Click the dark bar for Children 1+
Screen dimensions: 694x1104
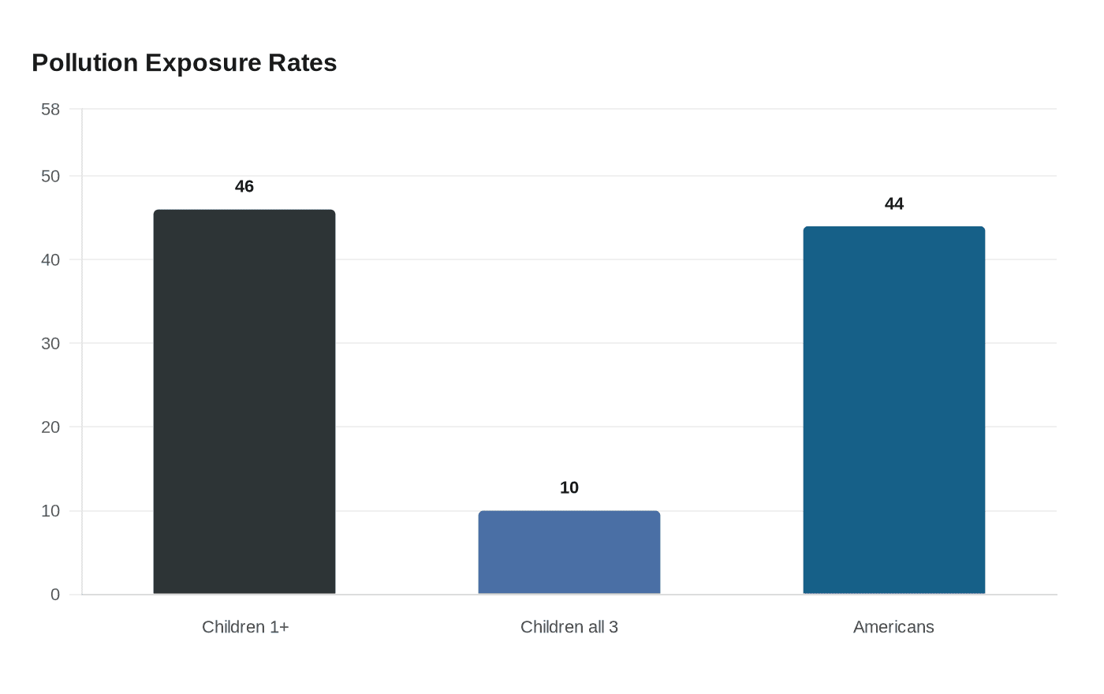pyautogui.click(x=244, y=402)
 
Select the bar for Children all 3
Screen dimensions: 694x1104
pyautogui.click(x=569, y=553)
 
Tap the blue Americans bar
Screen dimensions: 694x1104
pyautogui.click(x=894, y=410)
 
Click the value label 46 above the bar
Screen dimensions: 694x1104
pyautogui.click(x=244, y=187)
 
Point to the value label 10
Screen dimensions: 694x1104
pyautogui.click(x=569, y=488)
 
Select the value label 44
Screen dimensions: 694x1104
pyautogui.click(x=894, y=204)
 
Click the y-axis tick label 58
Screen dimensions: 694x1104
pyautogui.click(x=50, y=110)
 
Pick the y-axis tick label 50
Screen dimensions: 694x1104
pyautogui.click(x=50, y=177)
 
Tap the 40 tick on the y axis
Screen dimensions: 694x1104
pyautogui.click(x=50, y=260)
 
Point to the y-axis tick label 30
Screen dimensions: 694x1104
pyautogui.click(x=50, y=344)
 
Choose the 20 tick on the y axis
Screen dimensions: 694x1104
pyautogui.click(x=50, y=427)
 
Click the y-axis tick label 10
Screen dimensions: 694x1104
pyautogui.click(x=50, y=511)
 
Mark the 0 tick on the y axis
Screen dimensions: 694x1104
pyautogui.click(x=55, y=595)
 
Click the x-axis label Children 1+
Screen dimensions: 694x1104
pyautogui.click(x=245, y=627)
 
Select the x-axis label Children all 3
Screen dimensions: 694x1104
pyautogui.click(x=569, y=627)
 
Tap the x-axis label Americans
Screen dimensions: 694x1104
pyautogui.click(x=893, y=627)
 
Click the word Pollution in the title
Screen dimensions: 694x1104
pyautogui.click(x=85, y=63)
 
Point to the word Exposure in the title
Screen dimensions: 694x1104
pyautogui.click(x=203, y=63)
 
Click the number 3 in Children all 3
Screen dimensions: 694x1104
pyautogui.click(x=614, y=627)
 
